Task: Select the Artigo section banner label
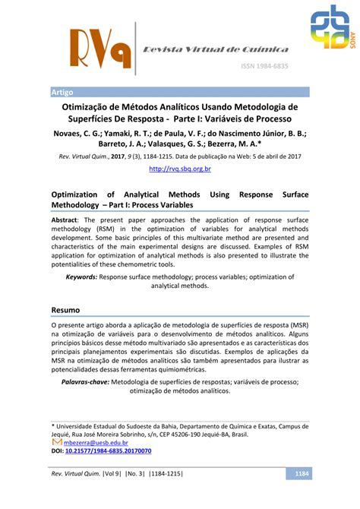click(62, 91)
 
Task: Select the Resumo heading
click(66, 311)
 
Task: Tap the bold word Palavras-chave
click(84, 381)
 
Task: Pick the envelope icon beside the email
click(56, 441)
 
